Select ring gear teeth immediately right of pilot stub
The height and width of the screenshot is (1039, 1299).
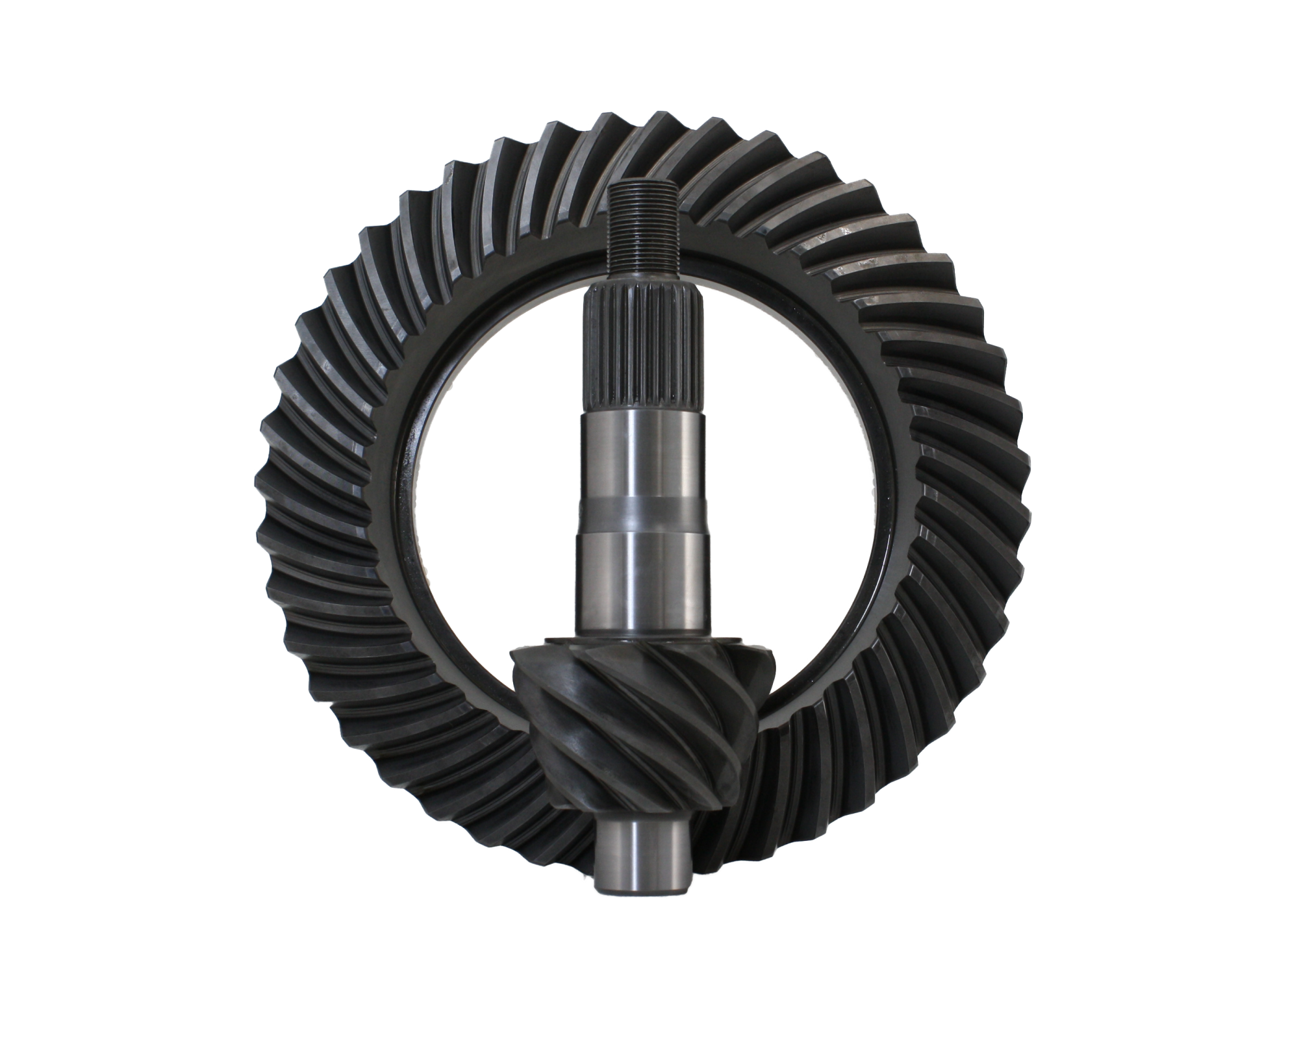pos(734,844)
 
